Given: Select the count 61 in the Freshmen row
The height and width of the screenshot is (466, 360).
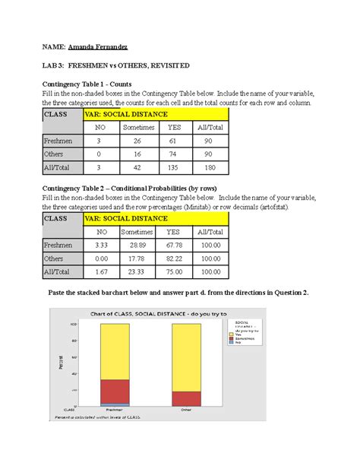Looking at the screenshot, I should pyautogui.click(x=173, y=141).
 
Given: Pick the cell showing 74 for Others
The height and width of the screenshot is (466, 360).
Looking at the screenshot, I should pyautogui.click(x=173, y=154).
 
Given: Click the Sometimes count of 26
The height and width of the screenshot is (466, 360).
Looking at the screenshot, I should pyautogui.click(x=138, y=141).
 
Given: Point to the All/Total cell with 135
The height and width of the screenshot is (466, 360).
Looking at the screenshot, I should pyautogui.click(x=173, y=166).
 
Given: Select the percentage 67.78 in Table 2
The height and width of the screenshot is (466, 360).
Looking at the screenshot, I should pyautogui.click(x=173, y=246).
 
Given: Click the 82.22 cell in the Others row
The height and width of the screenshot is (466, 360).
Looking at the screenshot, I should pyautogui.click(x=173, y=258).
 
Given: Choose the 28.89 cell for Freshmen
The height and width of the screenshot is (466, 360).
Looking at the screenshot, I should pyautogui.click(x=137, y=246).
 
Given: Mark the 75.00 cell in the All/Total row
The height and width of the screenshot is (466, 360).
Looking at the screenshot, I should pyautogui.click(x=173, y=271).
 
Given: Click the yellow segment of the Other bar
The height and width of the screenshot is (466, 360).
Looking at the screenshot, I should pyautogui.click(x=186, y=357).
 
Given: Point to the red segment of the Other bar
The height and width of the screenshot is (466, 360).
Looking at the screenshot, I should pyautogui.click(x=186, y=398).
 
